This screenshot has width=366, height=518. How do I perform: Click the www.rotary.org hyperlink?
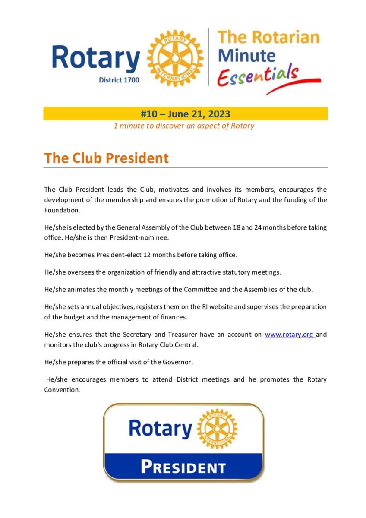289,335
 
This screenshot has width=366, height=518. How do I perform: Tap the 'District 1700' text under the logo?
119,80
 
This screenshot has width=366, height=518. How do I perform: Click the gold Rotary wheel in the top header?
175,58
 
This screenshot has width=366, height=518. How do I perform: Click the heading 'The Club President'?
106,158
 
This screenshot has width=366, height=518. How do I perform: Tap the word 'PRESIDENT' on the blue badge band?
183,467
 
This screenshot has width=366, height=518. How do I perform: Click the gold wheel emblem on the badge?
217,429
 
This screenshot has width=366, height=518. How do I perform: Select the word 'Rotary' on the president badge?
161,429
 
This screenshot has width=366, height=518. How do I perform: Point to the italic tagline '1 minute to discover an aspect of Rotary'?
183,126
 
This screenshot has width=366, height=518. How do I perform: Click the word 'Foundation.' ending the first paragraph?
62,210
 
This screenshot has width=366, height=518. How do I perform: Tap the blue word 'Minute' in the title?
246,56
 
